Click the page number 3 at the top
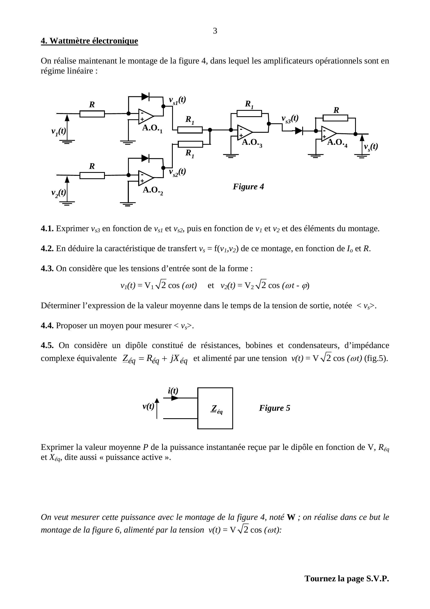pyautogui.click(x=215, y=31)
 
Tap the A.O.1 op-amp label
pyautogui.click(x=152, y=128)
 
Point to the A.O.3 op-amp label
pyautogui.click(x=252, y=143)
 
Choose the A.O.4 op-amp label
pyautogui.click(x=337, y=143)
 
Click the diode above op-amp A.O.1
pyautogui.click(x=145, y=97)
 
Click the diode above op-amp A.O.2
pyautogui.click(x=145, y=158)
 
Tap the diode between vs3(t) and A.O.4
pyautogui.click(x=299, y=131)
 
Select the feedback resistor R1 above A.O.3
pyautogui.click(x=249, y=114)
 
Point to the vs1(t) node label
pyautogui.click(x=177, y=100)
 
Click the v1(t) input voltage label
pyautogui.click(x=58, y=131)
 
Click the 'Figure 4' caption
pyautogui.click(x=248, y=187)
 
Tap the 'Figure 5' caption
pyautogui.click(x=275, y=408)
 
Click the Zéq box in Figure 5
pyautogui.click(x=215, y=408)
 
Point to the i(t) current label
pyautogui.click(x=173, y=391)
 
